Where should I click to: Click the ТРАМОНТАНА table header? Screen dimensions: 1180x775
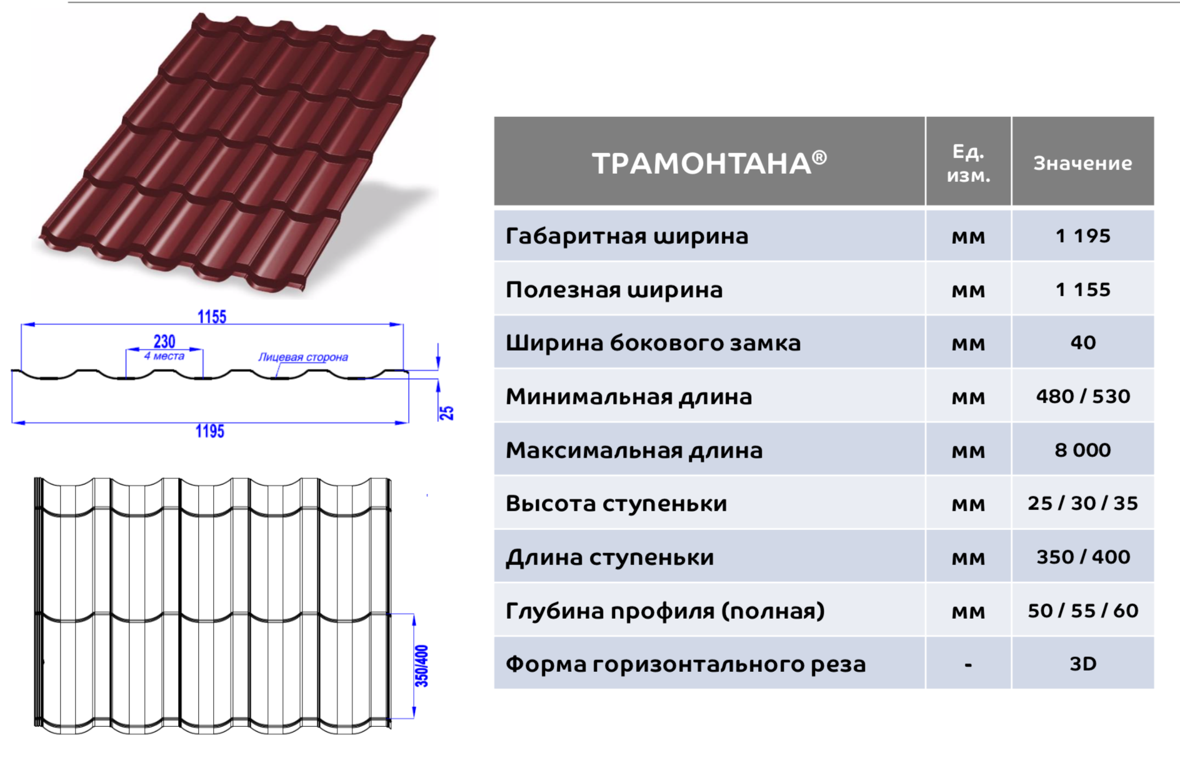point(709,162)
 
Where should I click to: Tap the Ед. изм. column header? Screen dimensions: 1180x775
point(968,163)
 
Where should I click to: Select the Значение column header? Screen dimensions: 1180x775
point(1082,163)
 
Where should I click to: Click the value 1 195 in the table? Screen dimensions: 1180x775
point(1082,236)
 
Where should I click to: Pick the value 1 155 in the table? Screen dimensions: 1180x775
point(1082,289)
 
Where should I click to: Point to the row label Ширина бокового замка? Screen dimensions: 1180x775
point(652,342)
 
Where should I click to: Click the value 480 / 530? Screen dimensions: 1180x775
point(1082,396)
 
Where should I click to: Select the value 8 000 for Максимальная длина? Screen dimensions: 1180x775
point(1082,450)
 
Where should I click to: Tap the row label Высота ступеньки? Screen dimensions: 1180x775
point(616,504)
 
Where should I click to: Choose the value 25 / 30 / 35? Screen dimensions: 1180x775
point(1082,503)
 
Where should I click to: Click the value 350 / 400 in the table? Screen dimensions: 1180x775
point(1082,557)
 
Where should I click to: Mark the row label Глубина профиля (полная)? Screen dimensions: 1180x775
point(665,611)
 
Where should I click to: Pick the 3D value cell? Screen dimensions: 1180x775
point(1082,664)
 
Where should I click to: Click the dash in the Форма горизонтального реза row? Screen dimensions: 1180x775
point(968,665)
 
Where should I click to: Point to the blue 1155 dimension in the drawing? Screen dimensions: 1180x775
point(212,317)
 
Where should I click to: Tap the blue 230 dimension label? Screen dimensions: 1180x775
point(164,341)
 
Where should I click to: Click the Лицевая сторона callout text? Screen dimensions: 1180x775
point(303,357)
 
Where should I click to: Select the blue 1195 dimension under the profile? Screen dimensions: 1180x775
point(209,431)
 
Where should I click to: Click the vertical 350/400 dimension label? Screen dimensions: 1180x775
point(422,666)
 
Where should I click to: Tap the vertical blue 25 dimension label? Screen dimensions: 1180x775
point(446,412)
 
